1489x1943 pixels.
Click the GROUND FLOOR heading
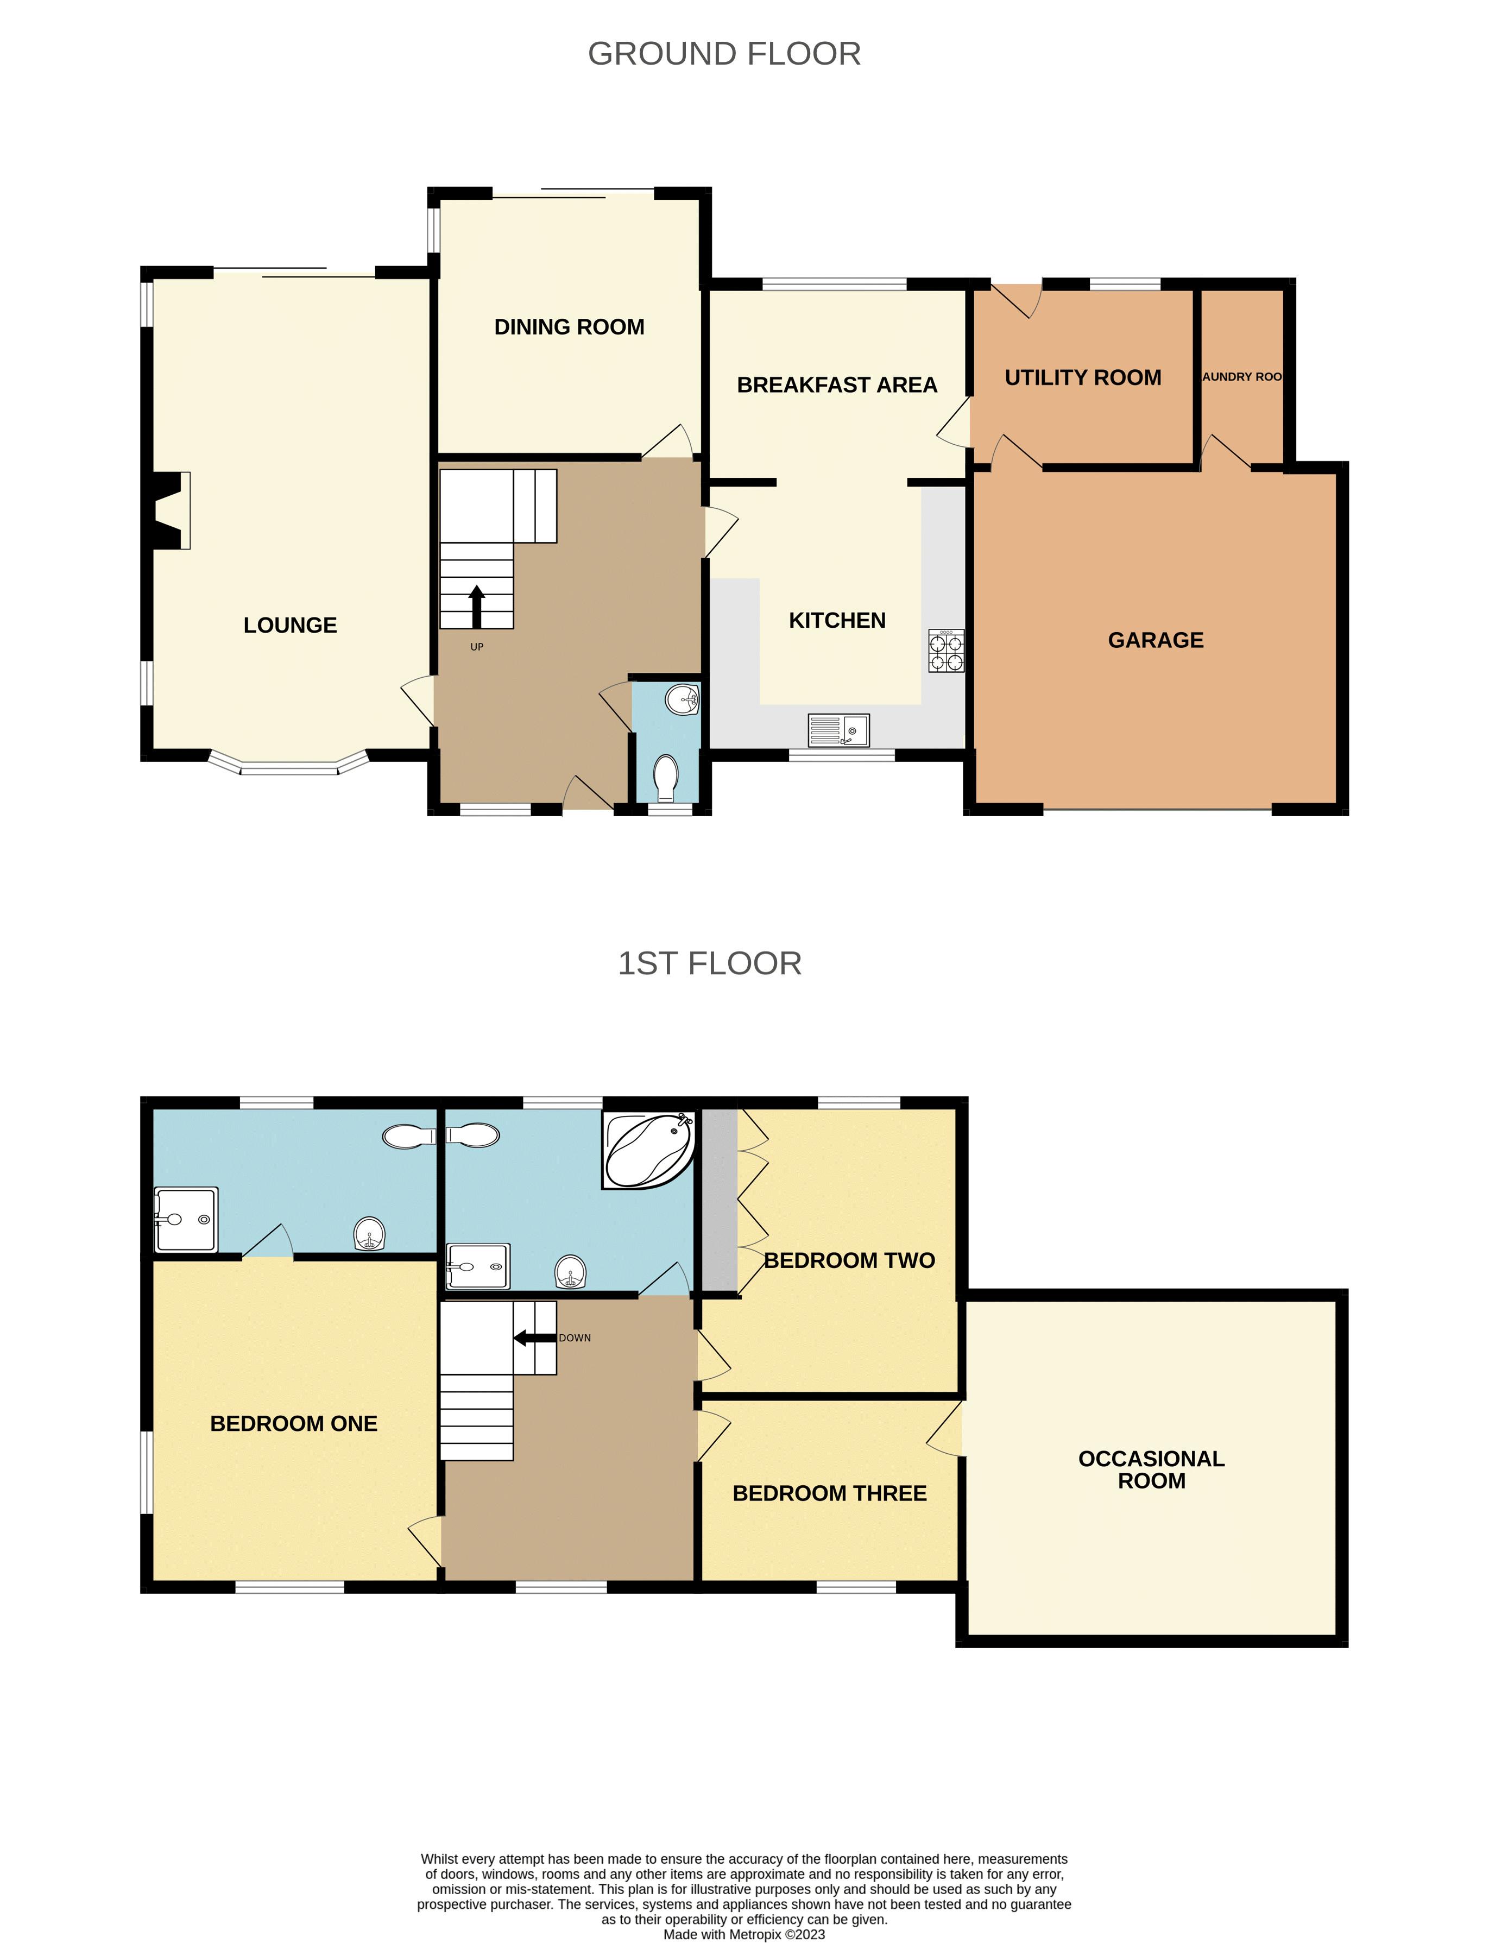[x=724, y=54]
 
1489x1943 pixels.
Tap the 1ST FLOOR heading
[x=709, y=963]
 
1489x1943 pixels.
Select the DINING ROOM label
[x=569, y=327]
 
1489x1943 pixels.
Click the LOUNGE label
[x=290, y=626]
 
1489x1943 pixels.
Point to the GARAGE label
[x=1156, y=640]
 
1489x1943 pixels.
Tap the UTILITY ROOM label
[x=1082, y=377]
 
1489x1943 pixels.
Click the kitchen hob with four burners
[x=945, y=651]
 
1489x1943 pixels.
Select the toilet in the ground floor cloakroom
[x=665, y=778]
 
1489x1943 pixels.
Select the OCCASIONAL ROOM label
[x=1151, y=1469]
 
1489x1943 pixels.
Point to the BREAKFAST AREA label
[x=837, y=384]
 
